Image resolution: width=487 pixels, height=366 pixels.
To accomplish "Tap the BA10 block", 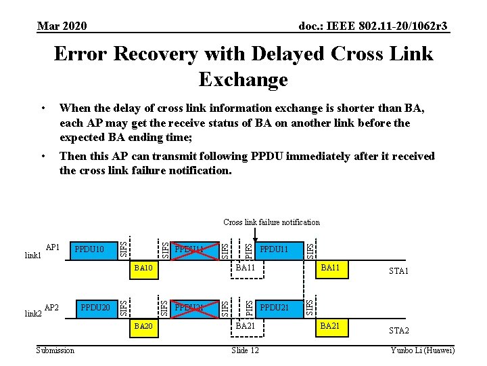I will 144,269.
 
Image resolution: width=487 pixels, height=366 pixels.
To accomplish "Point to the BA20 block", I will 143,326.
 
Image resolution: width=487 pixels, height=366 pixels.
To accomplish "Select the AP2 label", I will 52,307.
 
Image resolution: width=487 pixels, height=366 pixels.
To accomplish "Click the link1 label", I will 33,255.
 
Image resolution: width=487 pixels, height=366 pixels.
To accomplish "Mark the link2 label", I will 33,313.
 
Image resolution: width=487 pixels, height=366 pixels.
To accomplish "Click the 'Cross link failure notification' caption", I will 271,222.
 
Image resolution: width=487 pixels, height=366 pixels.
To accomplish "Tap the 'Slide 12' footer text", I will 245,350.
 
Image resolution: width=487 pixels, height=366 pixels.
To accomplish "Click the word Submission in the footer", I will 55,350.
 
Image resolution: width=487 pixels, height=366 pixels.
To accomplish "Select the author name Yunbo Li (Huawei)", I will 423,350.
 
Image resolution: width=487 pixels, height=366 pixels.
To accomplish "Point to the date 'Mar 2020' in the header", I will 62,26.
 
